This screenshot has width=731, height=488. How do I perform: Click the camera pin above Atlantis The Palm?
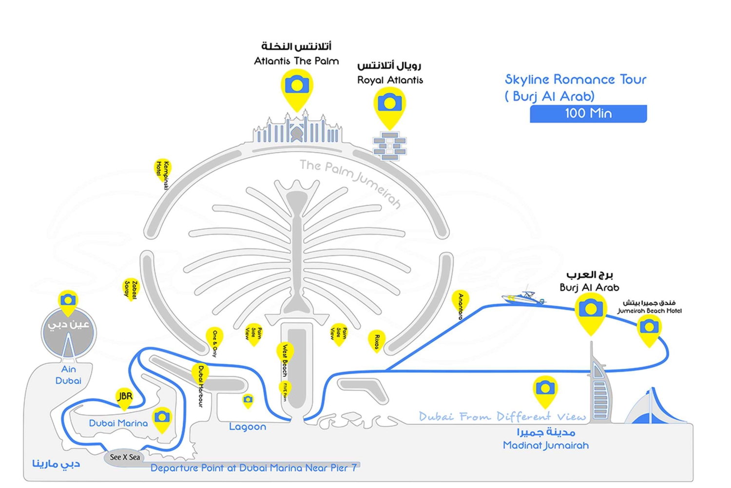tap(297, 87)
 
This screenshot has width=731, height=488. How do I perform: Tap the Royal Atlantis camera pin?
tap(389, 104)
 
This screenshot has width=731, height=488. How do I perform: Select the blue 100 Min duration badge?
tap(588, 114)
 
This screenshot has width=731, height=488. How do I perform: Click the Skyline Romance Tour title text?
tap(575, 79)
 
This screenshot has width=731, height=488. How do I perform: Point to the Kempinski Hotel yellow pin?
tap(162, 170)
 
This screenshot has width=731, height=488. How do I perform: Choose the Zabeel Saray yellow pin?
tap(131, 289)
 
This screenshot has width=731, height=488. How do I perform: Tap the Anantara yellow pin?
tap(460, 302)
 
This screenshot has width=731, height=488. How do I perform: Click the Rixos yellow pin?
tap(377, 340)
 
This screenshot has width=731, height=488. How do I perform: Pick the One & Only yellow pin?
tap(214, 338)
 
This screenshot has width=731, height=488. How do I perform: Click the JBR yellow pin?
tap(125, 397)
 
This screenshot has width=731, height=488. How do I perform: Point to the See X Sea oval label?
tap(125, 457)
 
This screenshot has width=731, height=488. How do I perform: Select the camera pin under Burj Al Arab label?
tap(591, 311)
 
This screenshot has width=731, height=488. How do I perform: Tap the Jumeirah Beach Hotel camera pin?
tap(649, 328)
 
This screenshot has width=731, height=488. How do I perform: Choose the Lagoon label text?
tap(248, 427)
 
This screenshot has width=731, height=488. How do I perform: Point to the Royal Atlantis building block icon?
tap(390, 145)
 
